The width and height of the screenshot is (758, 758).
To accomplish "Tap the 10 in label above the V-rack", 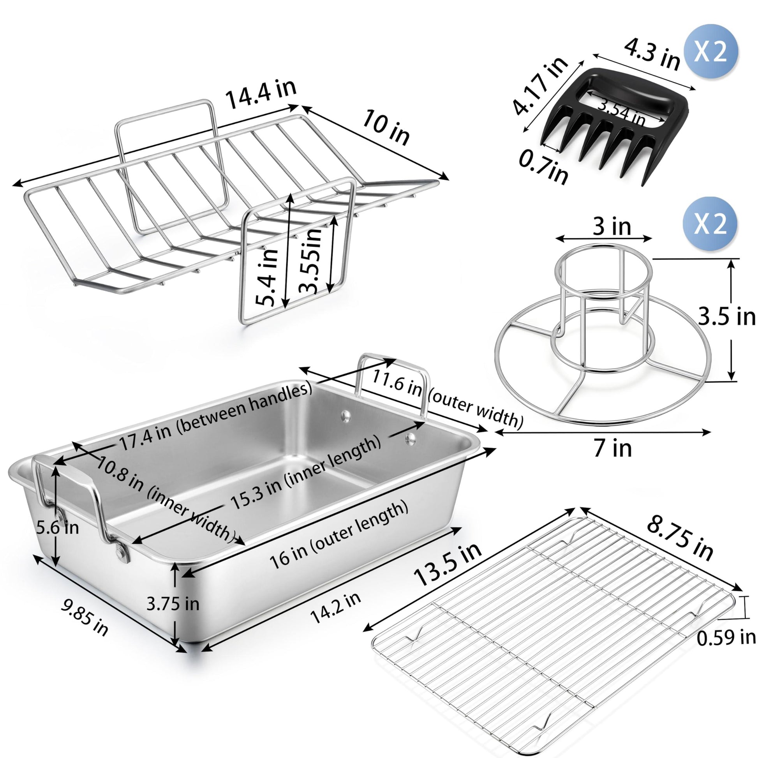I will (x=386, y=127).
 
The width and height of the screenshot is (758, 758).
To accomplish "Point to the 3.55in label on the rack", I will (x=310, y=259).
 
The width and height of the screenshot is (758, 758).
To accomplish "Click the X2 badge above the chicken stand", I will (x=710, y=224).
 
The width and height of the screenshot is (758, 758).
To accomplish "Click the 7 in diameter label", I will (x=612, y=448).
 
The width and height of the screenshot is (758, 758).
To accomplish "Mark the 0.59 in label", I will (x=726, y=638).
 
